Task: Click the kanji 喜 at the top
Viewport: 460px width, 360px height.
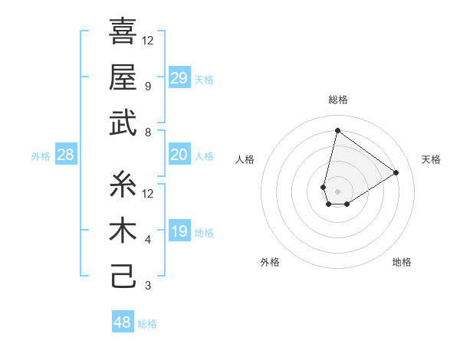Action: click(123, 32)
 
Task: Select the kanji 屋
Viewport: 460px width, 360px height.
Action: click(123, 77)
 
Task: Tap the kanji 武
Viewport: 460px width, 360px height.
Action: click(123, 123)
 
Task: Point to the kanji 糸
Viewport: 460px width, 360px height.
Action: click(123, 185)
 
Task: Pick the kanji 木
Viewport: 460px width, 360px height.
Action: click(123, 231)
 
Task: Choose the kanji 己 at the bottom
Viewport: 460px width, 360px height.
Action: click(123, 276)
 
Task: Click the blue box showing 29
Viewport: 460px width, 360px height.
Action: click(179, 78)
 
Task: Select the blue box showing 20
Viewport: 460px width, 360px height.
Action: click(179, 155)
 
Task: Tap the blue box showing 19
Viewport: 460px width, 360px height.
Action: click(179, 232)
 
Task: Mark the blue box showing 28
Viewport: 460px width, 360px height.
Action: click(65, 155)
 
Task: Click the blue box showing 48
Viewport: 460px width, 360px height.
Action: click(122, 322)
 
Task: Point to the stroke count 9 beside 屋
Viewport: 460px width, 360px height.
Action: click(147, 87)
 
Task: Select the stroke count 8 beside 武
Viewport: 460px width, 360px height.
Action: click(147, 133)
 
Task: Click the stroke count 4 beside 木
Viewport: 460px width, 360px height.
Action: click(147, 240)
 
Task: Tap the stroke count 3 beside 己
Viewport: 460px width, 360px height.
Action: click(147, 286)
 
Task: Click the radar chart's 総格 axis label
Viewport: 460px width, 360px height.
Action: click(337, 100)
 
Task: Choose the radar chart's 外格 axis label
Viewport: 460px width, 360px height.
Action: click(270, 262)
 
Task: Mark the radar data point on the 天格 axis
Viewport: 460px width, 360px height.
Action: click(396, 173)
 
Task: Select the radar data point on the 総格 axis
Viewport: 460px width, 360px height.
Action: click(337, 130)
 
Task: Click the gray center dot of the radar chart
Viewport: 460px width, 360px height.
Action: click(337, 190)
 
